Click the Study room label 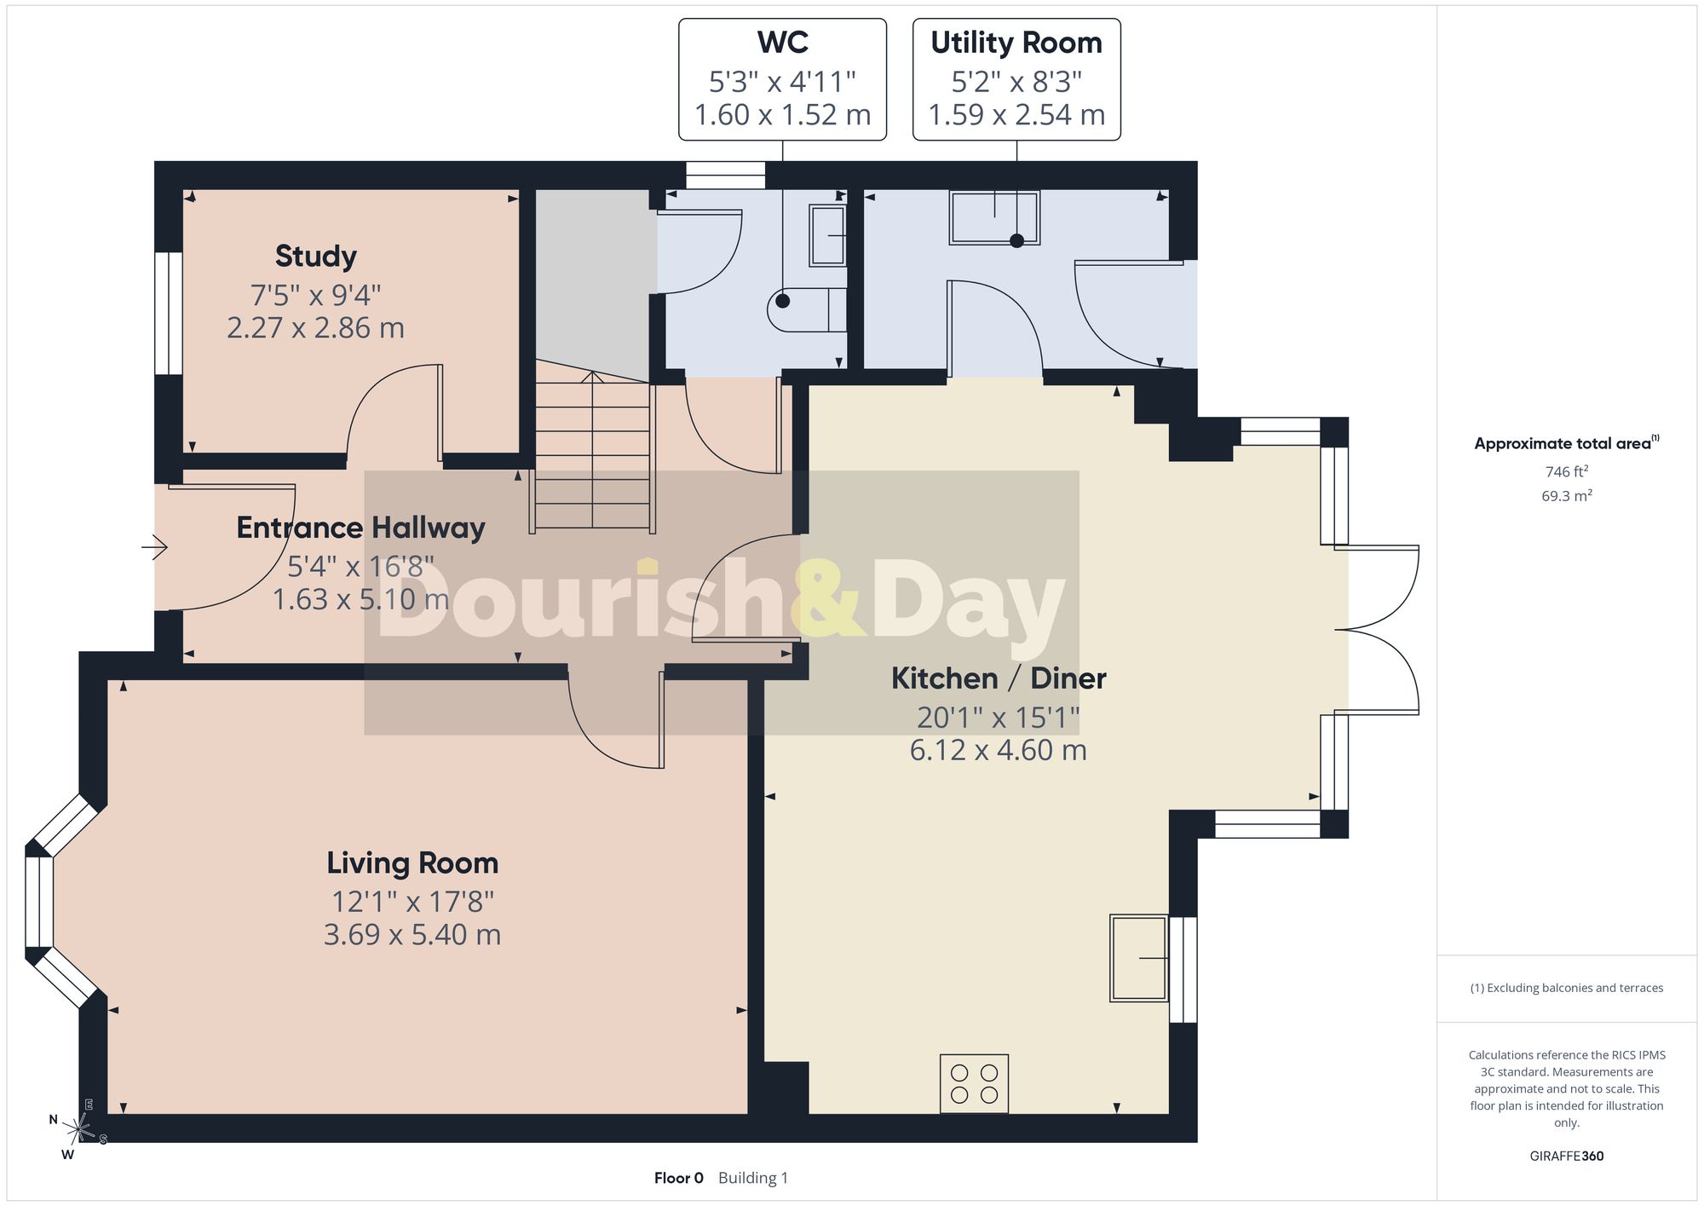pyautogui.click(x=315, y=256)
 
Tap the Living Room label pyautogui.click(x=412, y=863)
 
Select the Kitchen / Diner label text pyautogui.click(x=999, y=678)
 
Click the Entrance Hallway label pyautogui.click(x=360, y=528)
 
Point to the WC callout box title pyautogui.click(x=783, y=43)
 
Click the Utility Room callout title pyautogui.click(x=1016, y=43)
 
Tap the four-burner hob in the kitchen pyautogui.click(x=974, y=1083)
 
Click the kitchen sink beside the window pyautogui.click(x=1138, y=958)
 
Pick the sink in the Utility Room pyautogui.click(x=995, y=218)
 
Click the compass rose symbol pyautogui.click(x=78, y=1130)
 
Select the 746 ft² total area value pyautogui.click(x=1567, y=471)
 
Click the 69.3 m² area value pyautogui.click(x=1567, y=495)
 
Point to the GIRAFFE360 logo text pyautogui.click(x=1567, y=1157)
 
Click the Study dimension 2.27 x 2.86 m pyautogui.click(x=315, y=328)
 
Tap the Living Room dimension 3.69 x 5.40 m pyautogui.click(x=412, y=935)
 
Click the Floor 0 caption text pyautogui.click(x=679, y=1178)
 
